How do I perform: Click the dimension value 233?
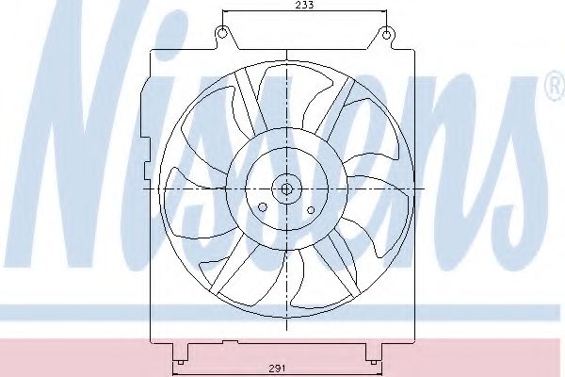pos(304,6)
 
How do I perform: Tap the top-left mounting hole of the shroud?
pos(222,35)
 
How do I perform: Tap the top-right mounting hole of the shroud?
pos(385,35)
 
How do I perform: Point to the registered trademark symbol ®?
pos(554,91)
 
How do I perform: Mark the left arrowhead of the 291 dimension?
pos(180,360)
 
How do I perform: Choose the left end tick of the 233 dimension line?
pos(222,13)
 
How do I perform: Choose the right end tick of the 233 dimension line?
pos(385,13)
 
